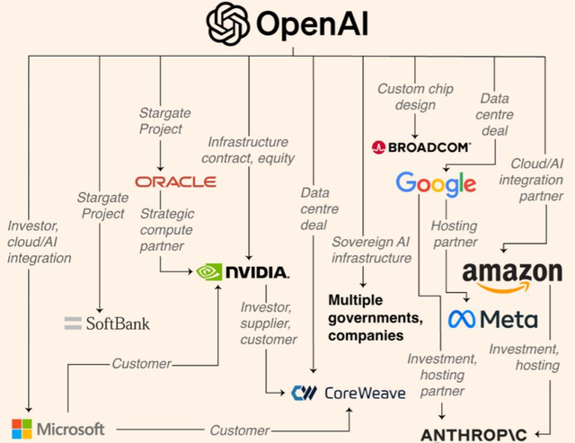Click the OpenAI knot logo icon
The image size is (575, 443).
click(x=228, y=25)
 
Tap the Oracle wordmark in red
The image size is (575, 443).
click(x=175, y=182)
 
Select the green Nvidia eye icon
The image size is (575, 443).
click(x=209, y=271)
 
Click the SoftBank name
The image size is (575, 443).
click(x=106, y=323)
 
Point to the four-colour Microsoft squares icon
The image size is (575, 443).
click(x=21, y=428)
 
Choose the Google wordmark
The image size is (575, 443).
click(x=436, y=184)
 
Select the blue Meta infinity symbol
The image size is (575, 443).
click(x=462, y=319)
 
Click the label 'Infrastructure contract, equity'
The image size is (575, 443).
click(x=248, y=151)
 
